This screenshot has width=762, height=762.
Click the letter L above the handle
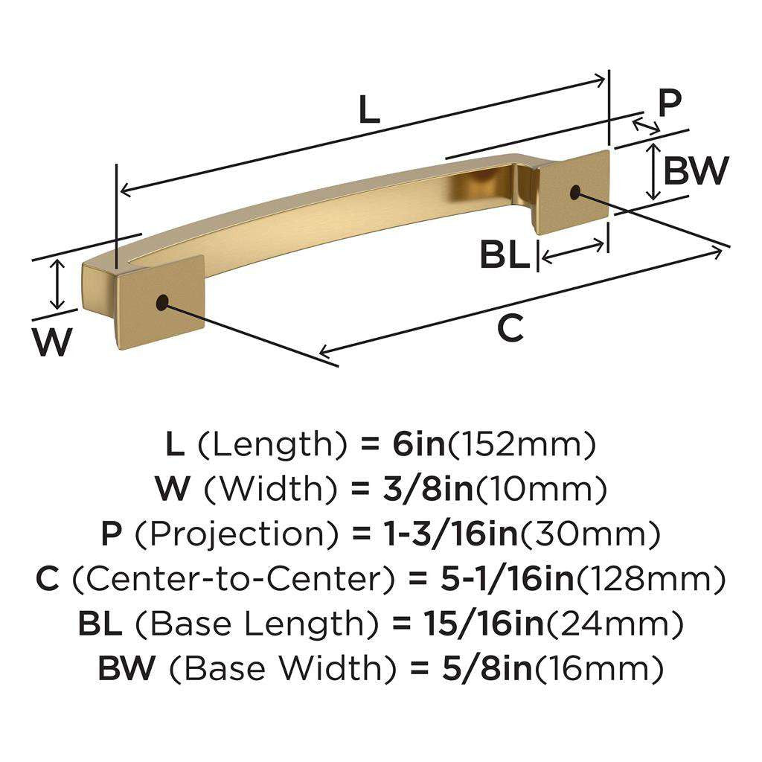click(x=369, y=110)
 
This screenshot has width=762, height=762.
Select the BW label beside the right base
click(x=695, y=171)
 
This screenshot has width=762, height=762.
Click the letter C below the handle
click(x=510, y=328)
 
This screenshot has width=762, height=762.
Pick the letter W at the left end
click(x=53, y=342)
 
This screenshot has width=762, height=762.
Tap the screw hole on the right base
click(x=575, y=192)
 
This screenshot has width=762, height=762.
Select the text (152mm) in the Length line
click(x=521, y=445)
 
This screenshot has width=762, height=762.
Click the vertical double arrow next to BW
click(x=653, y=172)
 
